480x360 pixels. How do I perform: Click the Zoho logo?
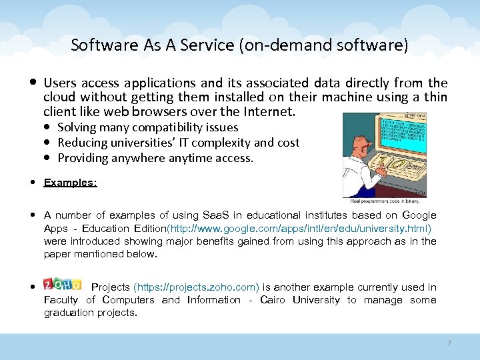point(62,285)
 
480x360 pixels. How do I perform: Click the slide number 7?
point(449,343)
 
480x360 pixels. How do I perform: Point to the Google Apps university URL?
point(300,228)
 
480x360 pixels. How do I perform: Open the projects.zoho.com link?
point(196,287)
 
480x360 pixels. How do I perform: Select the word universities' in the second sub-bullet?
point(141,142)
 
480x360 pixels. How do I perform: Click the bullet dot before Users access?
point(33,83)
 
